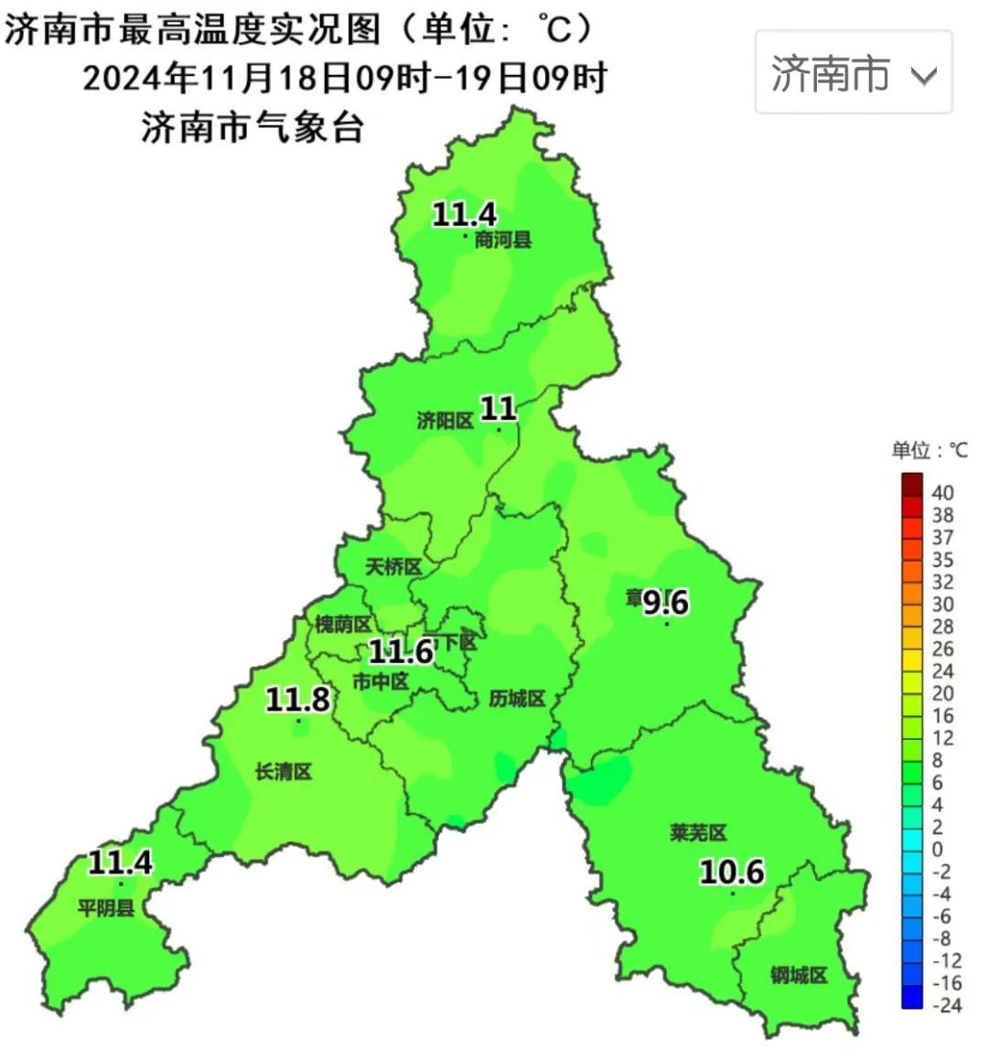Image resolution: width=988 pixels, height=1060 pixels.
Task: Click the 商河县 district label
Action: point(503,241)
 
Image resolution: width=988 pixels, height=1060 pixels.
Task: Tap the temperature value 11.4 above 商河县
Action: point(464,215)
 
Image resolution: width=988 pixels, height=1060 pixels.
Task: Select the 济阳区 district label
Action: point(446,421)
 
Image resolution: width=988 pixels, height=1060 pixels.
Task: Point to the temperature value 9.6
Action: point(665,603)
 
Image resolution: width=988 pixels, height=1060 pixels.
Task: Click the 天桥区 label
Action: point(393,567)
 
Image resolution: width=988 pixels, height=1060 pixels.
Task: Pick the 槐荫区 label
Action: point(343,625)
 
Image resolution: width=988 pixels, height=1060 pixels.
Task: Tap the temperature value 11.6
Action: point(401,652)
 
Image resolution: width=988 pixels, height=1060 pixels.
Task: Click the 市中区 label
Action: point(381,681)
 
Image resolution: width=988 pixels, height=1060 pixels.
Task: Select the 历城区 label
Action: point(517,699)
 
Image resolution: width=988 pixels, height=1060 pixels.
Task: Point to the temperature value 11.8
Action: point(297,700)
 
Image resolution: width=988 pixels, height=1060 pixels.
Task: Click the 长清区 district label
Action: point(284,772)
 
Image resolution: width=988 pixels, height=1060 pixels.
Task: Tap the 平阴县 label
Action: point(106,908)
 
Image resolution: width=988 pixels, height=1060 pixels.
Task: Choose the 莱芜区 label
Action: point(698,833)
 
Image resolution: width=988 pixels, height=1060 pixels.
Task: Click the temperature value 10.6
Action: point(732,872)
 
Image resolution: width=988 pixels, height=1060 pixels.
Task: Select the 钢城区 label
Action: point(799,976)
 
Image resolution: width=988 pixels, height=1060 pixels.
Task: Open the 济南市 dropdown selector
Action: point(853,73)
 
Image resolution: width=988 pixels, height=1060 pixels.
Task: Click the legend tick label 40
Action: point(942,493)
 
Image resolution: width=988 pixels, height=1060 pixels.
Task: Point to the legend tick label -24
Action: point(946,1005)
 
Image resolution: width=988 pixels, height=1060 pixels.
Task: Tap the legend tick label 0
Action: point(937,850)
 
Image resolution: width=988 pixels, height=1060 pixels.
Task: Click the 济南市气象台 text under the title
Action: point(253,127)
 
